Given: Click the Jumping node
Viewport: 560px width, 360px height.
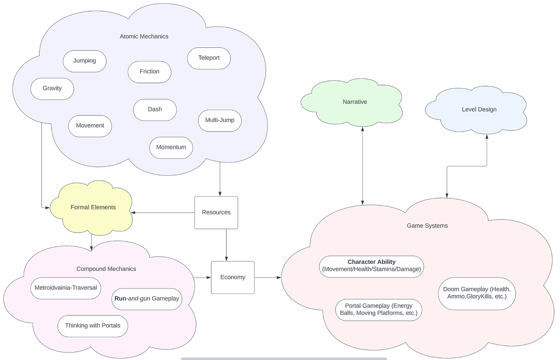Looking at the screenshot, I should (x=85, y=61).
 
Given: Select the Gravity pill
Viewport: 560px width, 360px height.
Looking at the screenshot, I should (x=52, y=89).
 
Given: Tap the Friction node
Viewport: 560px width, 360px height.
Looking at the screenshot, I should (x=149, y=72).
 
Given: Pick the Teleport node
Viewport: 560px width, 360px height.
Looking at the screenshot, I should (x=209, y=58).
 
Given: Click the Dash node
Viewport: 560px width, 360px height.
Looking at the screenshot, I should (x=155, y=110).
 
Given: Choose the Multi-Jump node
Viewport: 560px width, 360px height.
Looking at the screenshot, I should (x=219, y=120).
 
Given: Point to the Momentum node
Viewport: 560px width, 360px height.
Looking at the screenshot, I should (x=171, y=148).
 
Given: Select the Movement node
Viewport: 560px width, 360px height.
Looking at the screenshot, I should (x=90, y=126).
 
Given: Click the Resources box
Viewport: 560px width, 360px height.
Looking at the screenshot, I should (x=216, y=212).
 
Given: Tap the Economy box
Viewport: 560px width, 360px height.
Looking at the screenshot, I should (x=233, y=277).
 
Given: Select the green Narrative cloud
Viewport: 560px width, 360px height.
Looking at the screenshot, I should (x=354, y=102).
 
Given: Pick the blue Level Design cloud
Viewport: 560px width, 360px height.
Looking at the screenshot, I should (x=479, y=110).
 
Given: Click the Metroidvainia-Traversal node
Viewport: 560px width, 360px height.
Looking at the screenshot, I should (x=66, y=288).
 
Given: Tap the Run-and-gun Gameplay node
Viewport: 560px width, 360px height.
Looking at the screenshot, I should (x=147, y=299).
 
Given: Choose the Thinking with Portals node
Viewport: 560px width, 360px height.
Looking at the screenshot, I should (x=93, y=326).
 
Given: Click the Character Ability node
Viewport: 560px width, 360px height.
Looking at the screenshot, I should (x=371, y=266).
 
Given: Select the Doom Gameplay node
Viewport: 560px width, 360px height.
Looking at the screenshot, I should (x=477, y=293).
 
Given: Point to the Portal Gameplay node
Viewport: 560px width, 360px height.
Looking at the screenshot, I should (x=378, y=309).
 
